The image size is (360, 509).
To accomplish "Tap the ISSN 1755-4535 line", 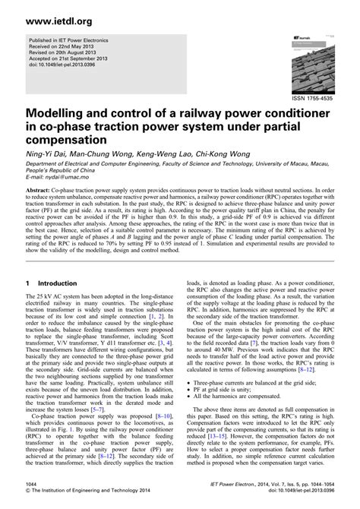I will [x=312, y=99].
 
